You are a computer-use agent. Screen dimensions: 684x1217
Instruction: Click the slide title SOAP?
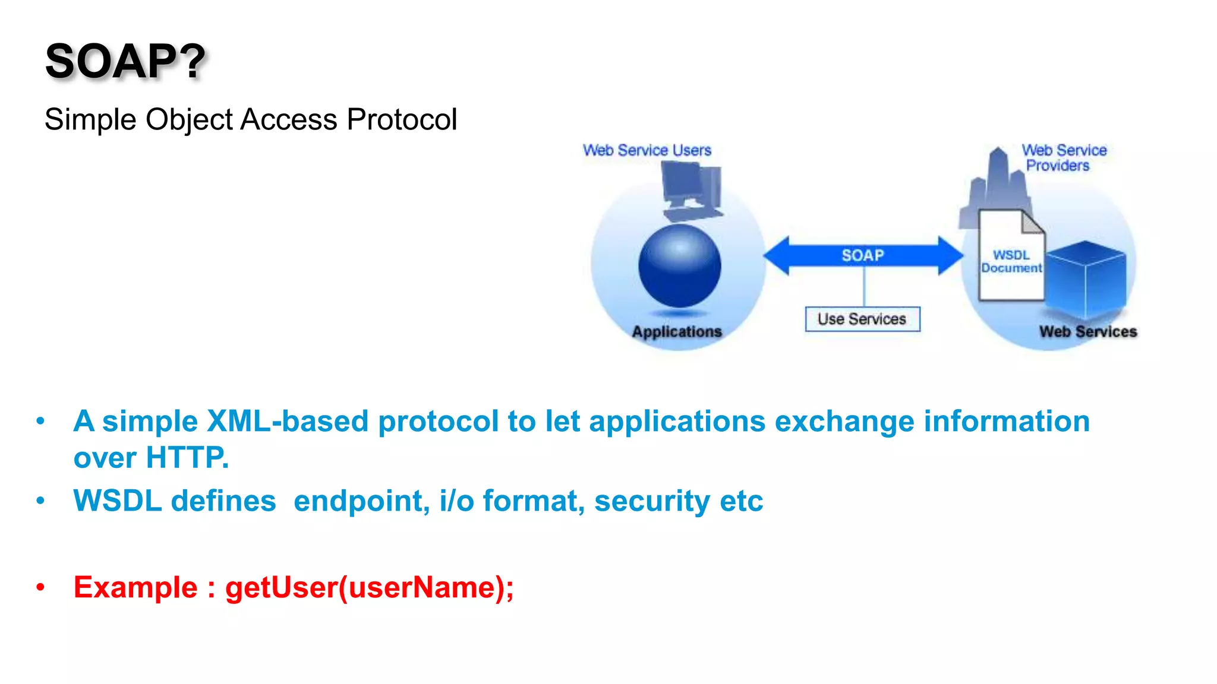[125, 61]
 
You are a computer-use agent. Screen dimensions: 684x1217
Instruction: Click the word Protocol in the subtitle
[402, 119]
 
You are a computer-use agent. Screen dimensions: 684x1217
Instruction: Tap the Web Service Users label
[647, 150]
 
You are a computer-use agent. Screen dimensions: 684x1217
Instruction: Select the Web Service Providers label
[1062, 158]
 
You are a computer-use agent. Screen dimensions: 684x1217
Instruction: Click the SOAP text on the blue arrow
[863, 255]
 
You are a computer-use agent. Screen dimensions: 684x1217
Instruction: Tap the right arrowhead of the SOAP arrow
[950, 255]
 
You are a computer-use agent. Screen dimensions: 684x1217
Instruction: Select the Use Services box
[862, 319]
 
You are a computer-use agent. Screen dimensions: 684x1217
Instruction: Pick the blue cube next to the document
[1086, 279]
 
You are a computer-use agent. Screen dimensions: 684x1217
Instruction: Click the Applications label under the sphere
[677, 331]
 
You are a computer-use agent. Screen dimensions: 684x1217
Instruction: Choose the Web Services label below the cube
[1087, 331]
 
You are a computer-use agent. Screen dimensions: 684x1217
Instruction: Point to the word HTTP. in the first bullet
[187, 458]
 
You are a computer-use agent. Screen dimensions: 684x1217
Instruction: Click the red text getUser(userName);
[369, 588]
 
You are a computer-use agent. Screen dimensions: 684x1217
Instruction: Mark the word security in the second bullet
[652, 501]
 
